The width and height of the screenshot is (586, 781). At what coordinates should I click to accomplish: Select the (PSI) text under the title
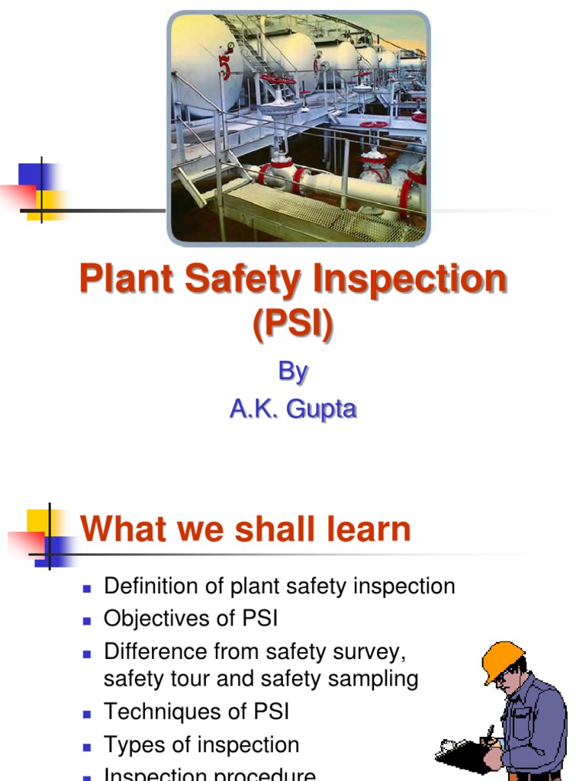293,324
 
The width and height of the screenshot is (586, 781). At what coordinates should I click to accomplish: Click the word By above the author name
292,371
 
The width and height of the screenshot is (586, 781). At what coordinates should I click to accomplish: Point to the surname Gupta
320,409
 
